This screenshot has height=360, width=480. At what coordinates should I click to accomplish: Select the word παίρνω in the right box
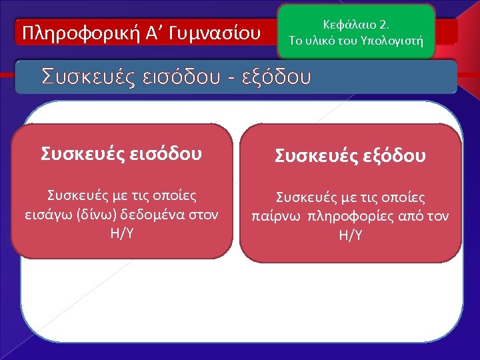(275, 216)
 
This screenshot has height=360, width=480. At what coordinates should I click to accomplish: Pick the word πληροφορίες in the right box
(345, 216)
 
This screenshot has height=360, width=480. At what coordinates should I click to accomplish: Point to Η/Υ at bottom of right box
(351, 235)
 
